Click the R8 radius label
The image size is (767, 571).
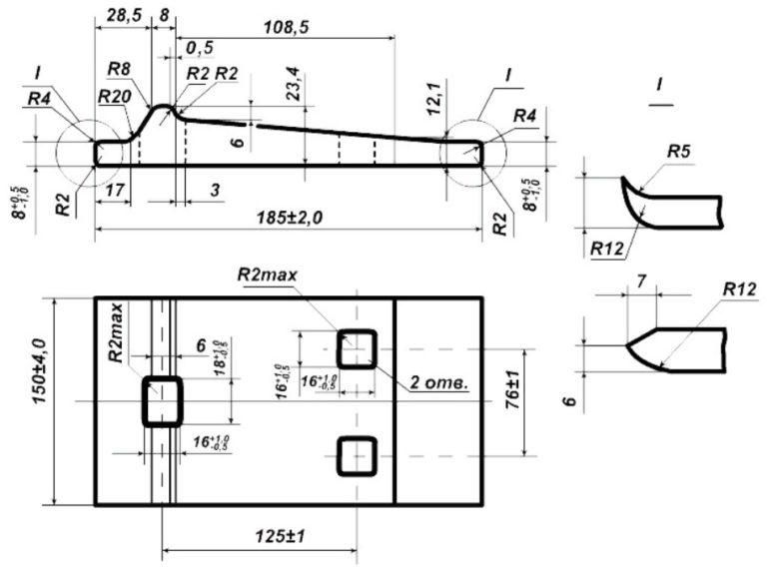coord(119,69)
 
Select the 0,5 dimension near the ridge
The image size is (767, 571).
coord(200,47)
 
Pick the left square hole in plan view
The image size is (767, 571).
coord(162,401)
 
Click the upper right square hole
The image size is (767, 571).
coord(358,348)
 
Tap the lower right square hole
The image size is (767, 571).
coord(357,455)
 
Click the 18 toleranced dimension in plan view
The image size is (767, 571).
coord(219,357)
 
